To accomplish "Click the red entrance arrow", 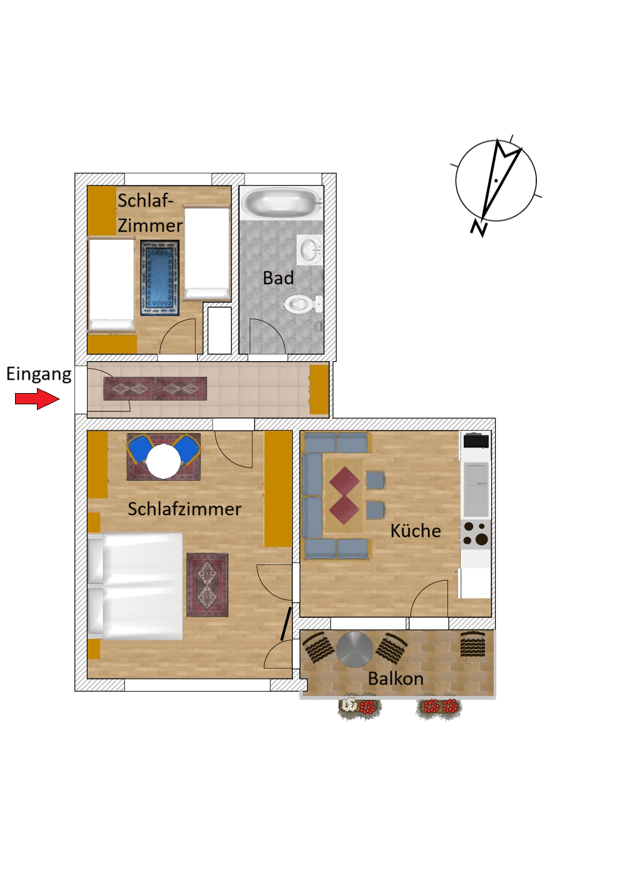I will tap(37, 399).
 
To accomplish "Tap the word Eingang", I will tap(39, 374).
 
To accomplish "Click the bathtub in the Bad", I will tap(281, 203).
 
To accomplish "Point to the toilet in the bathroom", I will tap(301, 305).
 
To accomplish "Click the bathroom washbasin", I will tap(309, 250).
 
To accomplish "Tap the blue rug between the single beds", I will tap(160, 277).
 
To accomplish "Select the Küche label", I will tap(416, 531).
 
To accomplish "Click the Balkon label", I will tap(395, 678).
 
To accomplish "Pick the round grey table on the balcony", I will tap(355, 650).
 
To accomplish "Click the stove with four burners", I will tap(476, 534).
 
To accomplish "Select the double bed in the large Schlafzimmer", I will tap(136, 586).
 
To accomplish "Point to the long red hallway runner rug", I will tap(155, 389).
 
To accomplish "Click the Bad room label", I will tap(278, 278).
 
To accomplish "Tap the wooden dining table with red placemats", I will tap(344, 496).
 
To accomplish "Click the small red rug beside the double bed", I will tap(207, 585).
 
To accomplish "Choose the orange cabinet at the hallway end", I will tap(319, 389).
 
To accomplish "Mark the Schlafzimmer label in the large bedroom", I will tap(185, 509).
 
